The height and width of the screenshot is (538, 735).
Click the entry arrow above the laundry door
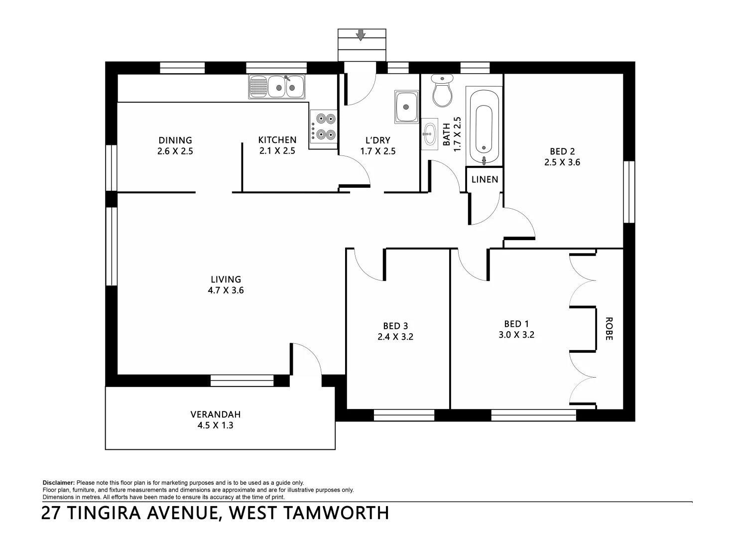[361, 35]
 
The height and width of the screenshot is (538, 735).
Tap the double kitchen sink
[276, 87]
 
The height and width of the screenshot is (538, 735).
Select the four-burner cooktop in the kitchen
[324, 127]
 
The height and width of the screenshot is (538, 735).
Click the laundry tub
[407, 107]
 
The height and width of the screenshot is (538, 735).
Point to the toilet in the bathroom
[442, 91]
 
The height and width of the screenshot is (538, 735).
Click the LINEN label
[485, 179]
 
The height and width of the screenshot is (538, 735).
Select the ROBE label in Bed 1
[608, 328]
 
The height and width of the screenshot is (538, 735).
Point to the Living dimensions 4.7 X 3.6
[226, 290]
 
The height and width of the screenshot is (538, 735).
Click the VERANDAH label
[215, 414]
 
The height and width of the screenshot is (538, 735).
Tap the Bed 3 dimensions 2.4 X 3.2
[395, 337]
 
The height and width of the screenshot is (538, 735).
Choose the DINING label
[175, 140]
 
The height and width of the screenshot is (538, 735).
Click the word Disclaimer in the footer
[59, 483]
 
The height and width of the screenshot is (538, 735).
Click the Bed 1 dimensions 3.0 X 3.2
[516, 335]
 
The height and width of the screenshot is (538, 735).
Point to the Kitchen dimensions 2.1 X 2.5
[277, 151]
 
